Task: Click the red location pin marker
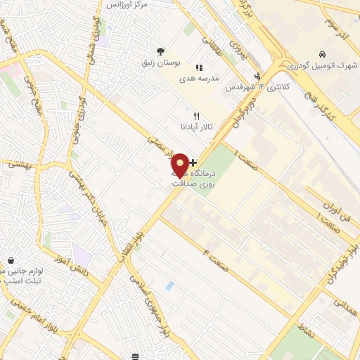click(x=180, y=165)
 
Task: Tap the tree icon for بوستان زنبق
click(x=161, y=51)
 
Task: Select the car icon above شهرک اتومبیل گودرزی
click(x=321, y=54)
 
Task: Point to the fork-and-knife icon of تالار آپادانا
click(x=197, y=116)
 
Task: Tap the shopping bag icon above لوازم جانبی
click(x=11, y=259)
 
